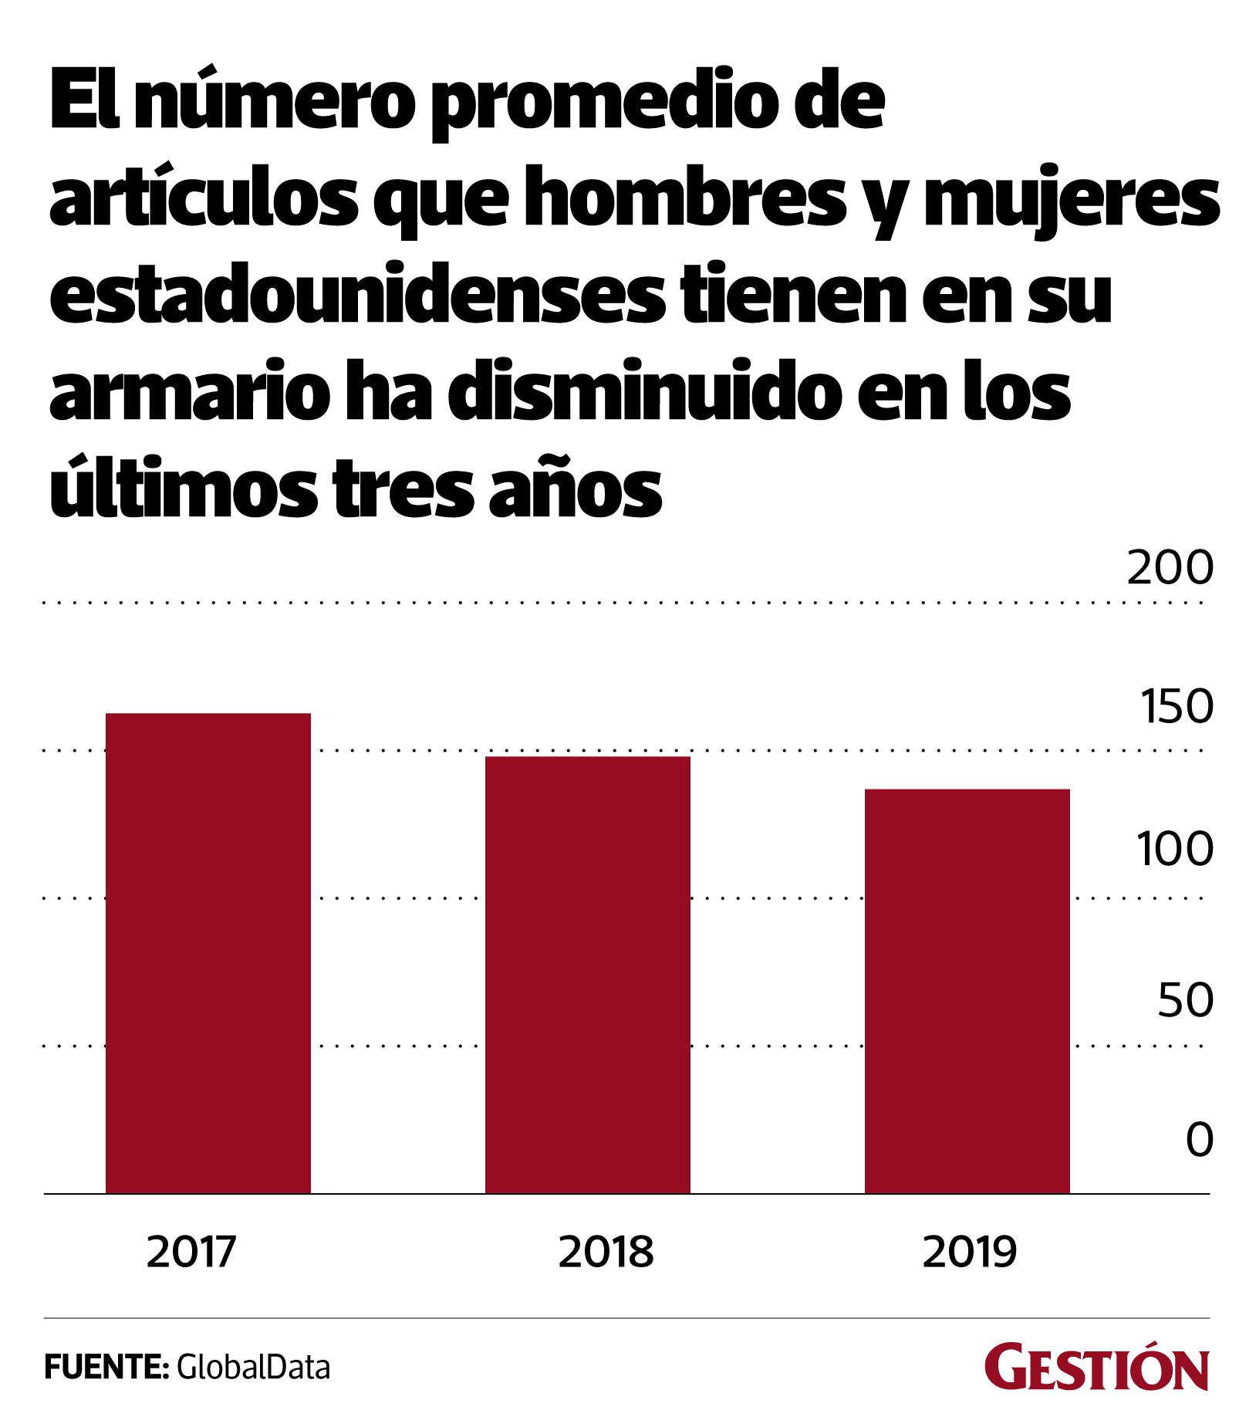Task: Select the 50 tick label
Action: (1180, 1001)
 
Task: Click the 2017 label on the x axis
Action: (190, 1253)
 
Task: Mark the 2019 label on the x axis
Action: (970, 1253)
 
